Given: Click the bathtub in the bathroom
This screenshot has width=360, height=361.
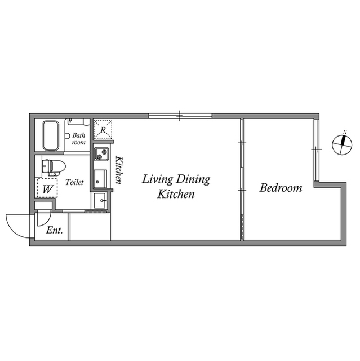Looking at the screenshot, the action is tap(51, 136).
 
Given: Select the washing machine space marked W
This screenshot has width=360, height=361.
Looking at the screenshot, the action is tap(47, 188).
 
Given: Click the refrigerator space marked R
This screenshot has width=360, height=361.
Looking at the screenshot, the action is tap(103, 130).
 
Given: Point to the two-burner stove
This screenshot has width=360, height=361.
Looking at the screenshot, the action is tap(101, 154).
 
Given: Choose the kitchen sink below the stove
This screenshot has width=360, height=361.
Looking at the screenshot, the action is tap(100, 179).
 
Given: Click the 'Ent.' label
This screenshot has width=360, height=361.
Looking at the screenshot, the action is tap(54, 230).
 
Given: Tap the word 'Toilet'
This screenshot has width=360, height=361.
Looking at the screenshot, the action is tap(74, 182).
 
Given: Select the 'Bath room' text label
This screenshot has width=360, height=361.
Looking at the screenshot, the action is tap(79, 139).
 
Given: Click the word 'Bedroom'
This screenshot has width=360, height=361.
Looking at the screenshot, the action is tap(281, 188).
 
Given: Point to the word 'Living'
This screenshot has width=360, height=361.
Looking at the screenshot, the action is tap(157, 179).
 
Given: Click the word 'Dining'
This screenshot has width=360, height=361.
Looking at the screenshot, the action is tap(193, 179).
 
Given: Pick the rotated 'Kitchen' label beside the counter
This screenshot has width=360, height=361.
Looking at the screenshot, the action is tap(119, 170).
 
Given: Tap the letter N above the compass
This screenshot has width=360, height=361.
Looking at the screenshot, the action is tap(345, 132).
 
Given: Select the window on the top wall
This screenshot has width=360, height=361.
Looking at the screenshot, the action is tap(180, 116).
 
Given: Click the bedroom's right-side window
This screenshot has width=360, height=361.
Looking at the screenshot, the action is tap(317, 150).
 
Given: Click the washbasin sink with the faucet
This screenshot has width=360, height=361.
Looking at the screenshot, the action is tap(100, 201).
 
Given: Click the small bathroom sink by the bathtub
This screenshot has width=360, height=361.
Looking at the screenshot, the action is tap(68, 136).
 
